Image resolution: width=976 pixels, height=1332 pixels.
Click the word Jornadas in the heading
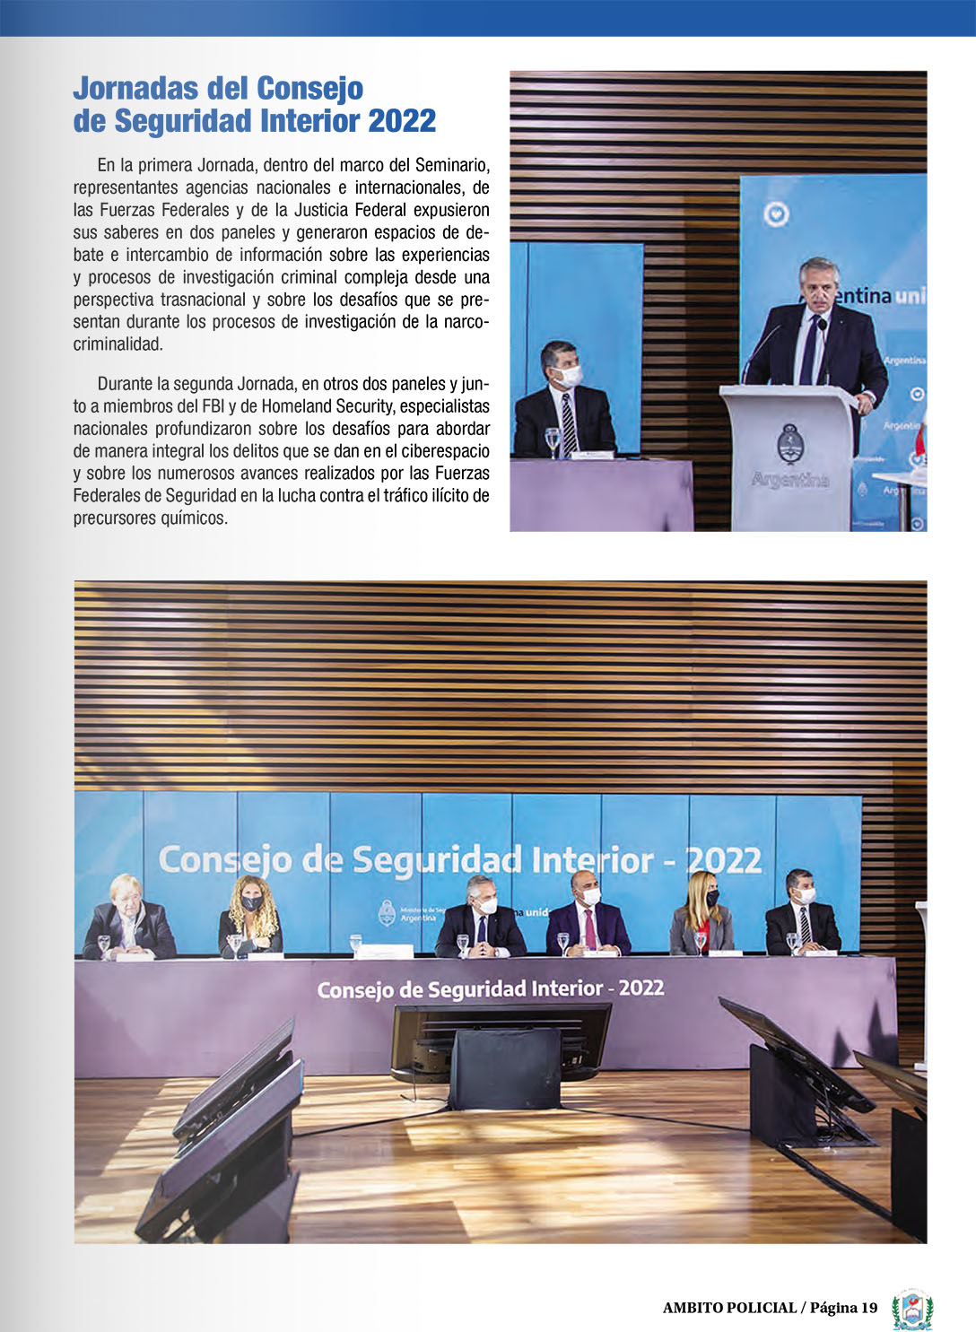135,89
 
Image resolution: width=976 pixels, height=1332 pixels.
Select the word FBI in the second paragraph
213,406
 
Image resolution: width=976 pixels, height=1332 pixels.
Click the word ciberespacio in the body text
446,451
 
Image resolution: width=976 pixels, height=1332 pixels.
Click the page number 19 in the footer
868,1308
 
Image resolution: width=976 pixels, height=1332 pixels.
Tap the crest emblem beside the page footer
912,1310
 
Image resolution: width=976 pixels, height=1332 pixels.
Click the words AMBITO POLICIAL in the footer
729,1308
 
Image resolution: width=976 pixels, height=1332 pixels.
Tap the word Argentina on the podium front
790,480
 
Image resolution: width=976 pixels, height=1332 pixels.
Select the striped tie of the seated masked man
569,422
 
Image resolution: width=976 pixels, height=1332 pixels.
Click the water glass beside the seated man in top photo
553,440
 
